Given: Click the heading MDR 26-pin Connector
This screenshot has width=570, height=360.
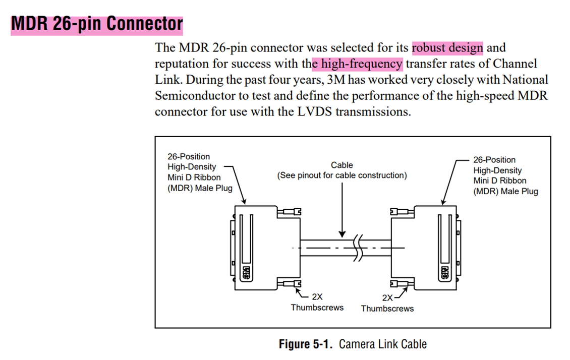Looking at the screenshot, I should [x=96, y=23].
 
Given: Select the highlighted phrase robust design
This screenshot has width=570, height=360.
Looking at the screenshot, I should [x=447, y=48].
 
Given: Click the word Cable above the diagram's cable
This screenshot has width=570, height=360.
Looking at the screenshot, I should [x=341, y=165].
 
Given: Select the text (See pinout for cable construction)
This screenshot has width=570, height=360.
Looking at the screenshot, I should [x=341, y=175].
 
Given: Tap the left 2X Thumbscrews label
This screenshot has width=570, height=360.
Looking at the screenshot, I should [x=317, y=303].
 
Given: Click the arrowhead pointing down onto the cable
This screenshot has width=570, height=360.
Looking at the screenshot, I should [x=342, y=233].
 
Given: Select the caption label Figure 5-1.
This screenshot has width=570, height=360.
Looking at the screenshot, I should [x=306, y=344].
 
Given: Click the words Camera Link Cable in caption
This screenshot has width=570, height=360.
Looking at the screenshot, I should [x=382, y=344].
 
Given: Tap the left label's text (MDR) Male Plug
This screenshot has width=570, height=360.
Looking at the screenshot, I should [x=200, y=188].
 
